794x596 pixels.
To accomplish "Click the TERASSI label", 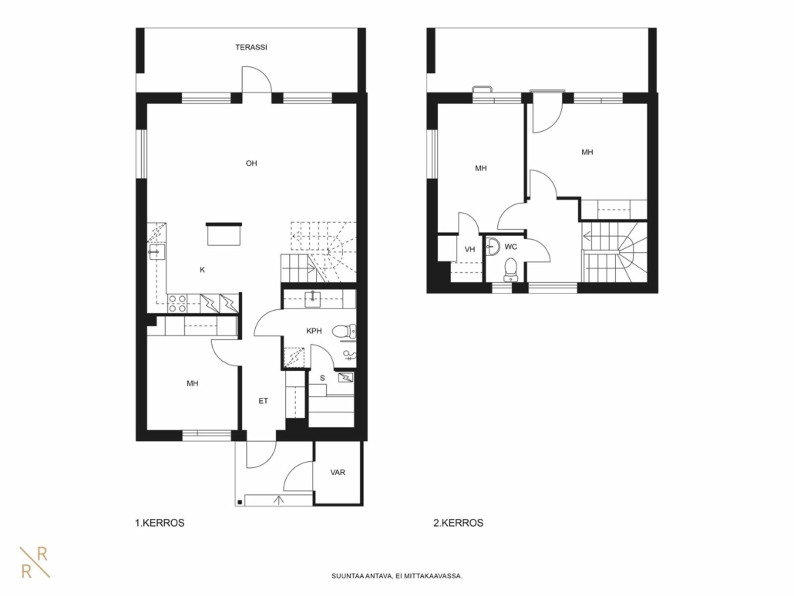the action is [x=251, y=47].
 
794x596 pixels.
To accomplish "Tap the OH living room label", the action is [x=251, y=163].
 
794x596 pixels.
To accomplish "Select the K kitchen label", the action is [x=202, y=270].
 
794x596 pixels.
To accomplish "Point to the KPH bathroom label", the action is [x=314, y=332].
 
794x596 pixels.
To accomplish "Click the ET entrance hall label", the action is [x=264, y=401].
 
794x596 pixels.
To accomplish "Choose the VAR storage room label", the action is [x=338, y=473].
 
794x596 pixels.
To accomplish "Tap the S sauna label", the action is [x=322, y=379].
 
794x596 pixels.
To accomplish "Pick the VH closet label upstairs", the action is [x=469, y=249].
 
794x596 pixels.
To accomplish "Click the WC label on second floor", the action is [x=511, y=247].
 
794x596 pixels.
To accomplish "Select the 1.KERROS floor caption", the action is [x=160, y=523].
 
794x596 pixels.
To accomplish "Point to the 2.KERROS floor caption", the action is [x=458, y=523].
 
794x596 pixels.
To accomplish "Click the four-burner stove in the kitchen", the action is [x=177, y=303].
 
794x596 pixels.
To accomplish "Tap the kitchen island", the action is [x=224, y=234].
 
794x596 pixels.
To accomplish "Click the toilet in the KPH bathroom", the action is [x=345, y=332].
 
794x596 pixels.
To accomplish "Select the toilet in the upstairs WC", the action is [x=510, y=269].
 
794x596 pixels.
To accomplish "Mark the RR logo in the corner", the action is [x=35, y=562].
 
